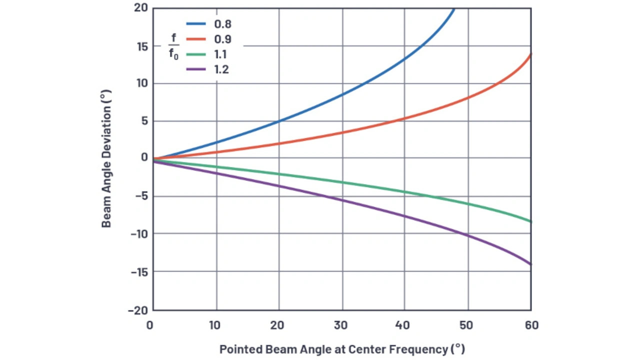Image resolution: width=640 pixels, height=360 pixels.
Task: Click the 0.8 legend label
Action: coord(222,23)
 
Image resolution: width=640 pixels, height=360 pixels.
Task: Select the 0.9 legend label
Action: coord(222,39)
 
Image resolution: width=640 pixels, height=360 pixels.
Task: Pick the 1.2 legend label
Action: coord(221,69)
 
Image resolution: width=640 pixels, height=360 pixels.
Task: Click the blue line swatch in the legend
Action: coord(197,23)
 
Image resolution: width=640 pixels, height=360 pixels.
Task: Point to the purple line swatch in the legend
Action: coord(197,69)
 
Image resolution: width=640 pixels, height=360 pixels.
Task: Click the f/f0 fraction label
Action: coord(173,46)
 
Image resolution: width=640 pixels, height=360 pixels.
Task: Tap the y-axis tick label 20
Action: coord(141,7)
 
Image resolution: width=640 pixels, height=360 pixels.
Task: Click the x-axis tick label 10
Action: coord(215,325)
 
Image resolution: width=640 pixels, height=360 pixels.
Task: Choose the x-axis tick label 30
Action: coord(340,325)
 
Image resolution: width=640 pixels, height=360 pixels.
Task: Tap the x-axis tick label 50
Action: coord(466,325)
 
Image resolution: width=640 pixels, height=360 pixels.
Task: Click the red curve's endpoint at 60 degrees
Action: coord(530,54)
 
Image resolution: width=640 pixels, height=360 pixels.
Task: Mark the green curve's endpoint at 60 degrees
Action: coord(530,221)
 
